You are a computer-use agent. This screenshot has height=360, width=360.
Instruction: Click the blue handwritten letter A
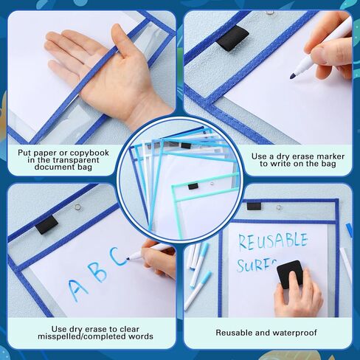coord(77,285)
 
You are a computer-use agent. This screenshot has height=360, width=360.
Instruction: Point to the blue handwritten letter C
coord(119,257)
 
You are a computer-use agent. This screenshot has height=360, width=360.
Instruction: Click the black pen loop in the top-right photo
coord(232,38)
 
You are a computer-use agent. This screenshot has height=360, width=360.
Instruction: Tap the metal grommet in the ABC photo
coord(76,211)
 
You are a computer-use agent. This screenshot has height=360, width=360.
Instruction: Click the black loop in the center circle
coord(193,186)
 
